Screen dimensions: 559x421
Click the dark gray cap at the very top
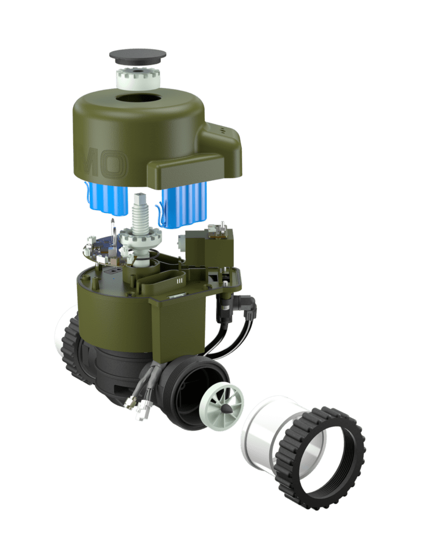(138, 56)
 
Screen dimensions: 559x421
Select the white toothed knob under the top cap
(138, 78)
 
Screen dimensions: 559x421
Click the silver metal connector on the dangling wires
(130, 402)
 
